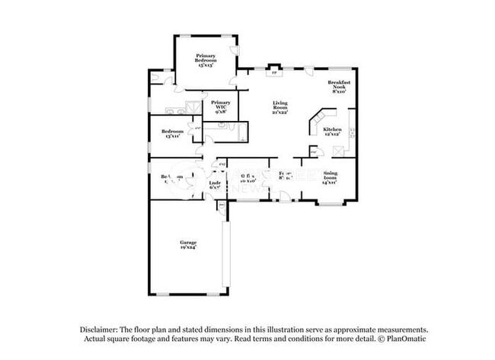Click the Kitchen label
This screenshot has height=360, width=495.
tap(333, 129)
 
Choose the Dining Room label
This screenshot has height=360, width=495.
tap(330, 174)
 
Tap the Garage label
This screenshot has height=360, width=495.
tap(188, 242)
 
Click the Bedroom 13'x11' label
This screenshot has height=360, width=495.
tap(173, 132)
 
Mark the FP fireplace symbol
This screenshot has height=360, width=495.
tap(274, 73)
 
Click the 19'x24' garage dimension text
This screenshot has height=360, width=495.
tap(188, 247)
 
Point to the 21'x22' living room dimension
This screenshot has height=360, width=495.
tap(281, 112)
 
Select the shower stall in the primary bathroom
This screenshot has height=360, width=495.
tap(196, 107)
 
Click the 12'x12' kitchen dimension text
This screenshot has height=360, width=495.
tap(333, 135)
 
